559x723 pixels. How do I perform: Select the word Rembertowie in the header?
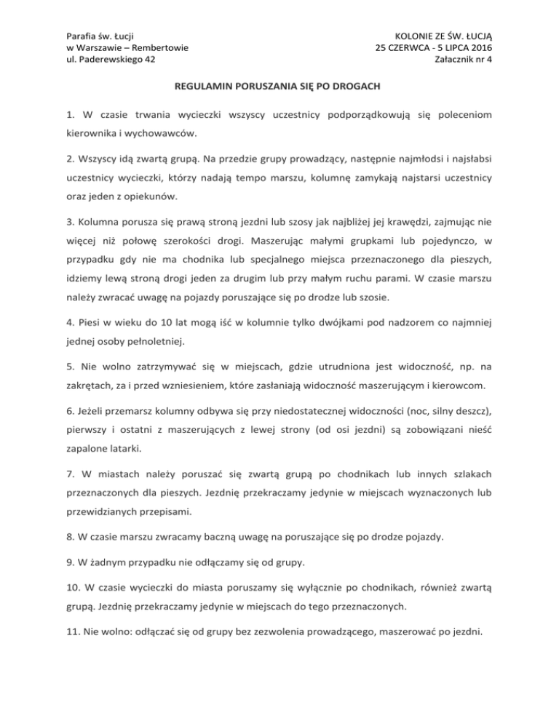coord(158,48)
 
